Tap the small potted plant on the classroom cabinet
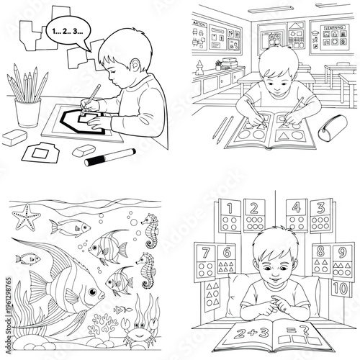point(218,65)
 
